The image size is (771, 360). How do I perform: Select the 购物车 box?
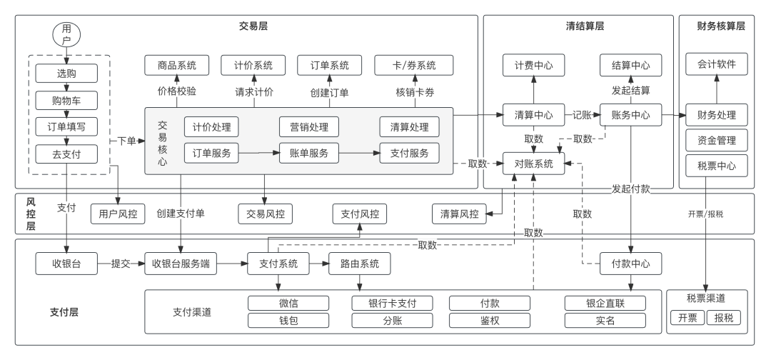(x=66, y=100)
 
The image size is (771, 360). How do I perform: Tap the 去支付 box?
(x=66, y=154)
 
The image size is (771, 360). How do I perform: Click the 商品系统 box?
(x=177, y=66)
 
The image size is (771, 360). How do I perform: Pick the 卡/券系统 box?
(x=414, y=66)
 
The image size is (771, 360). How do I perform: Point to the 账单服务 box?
(x=309, y=153)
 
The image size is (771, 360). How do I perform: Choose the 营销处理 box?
(x=309, y=127)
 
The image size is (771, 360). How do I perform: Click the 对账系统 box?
(x=533, y=164)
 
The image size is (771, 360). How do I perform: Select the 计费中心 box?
(x=533, y=66)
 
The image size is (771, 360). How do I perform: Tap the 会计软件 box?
(x=717, y=64)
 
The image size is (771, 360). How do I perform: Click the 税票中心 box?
(x=717, y=166)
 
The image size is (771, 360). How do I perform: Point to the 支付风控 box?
(x=360, y=214)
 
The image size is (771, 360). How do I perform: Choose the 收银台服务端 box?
(x=181, y=264)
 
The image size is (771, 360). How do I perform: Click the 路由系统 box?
(x=360, y=264)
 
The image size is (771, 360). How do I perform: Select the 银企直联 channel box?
(x=605, y=303)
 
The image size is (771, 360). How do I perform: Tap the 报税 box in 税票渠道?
(x=724, y=318)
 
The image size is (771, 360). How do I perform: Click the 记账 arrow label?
(x=583, y=115)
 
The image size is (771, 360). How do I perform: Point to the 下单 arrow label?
(x=126, y=141)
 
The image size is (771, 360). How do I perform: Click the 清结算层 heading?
(x=585, y=26)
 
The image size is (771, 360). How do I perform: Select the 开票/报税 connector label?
(x=705, y=214)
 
